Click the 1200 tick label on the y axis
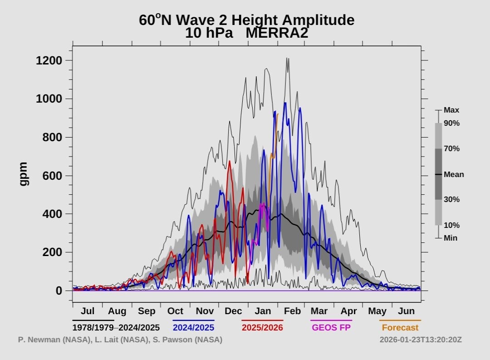pos(49,60)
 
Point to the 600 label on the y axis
pos(52,176)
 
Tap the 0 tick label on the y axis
pos(59,291)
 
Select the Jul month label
pos(88,311)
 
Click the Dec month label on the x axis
pos(234,311)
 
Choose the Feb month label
pos(292,311)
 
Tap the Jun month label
pos(406,311)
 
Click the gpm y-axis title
pos(24,174)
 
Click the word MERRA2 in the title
pos(277,33)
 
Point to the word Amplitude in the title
pos(318,20)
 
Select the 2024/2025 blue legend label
pos(193,327)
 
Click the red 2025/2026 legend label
pos(262,327)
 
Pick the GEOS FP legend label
pos(331,327)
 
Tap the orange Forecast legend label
pos(400,327)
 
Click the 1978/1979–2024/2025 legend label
pos(116,327)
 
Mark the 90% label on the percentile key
pos(451,123)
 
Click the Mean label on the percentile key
pos(454,174)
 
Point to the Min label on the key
pos(451,238)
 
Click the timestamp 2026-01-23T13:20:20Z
pos(421,340)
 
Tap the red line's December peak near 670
pos(230,162)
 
